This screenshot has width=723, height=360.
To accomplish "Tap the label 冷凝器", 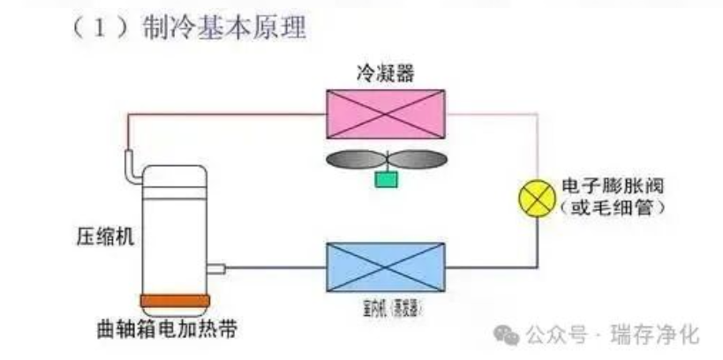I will [385, 73].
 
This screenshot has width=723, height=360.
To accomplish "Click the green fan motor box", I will [386, 179].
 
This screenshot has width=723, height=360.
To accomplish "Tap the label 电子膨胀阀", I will [611, 188].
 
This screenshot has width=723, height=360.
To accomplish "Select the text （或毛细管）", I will [611, 209].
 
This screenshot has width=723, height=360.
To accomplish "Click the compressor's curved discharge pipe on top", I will [133, 168].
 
